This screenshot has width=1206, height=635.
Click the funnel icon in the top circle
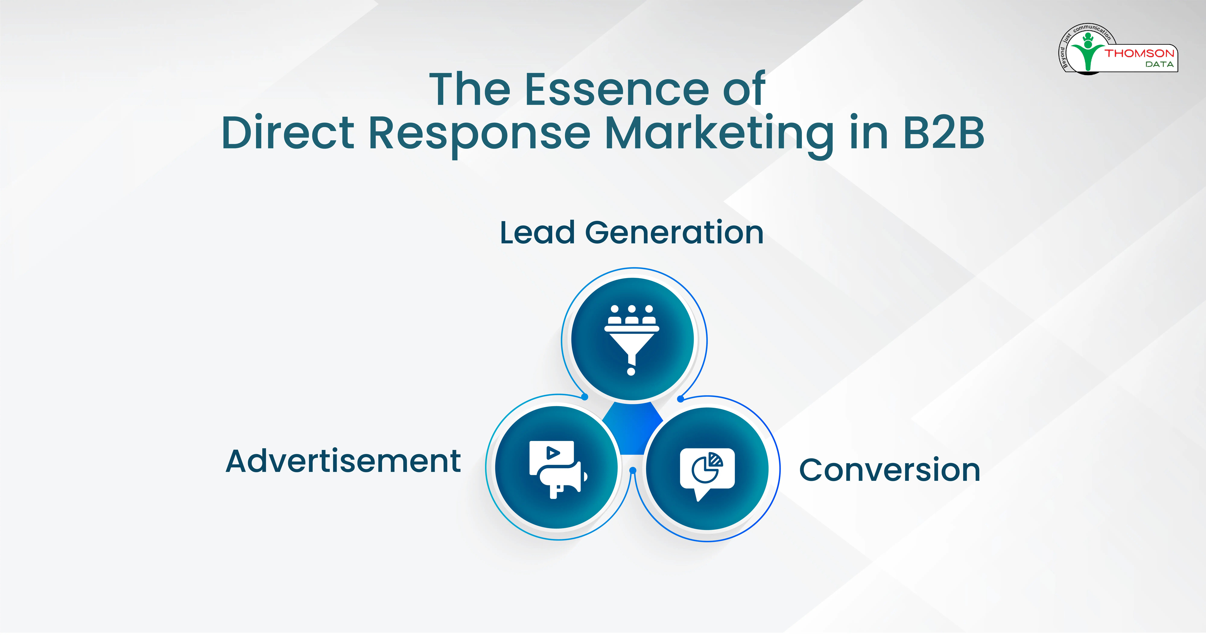pos(632,339)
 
